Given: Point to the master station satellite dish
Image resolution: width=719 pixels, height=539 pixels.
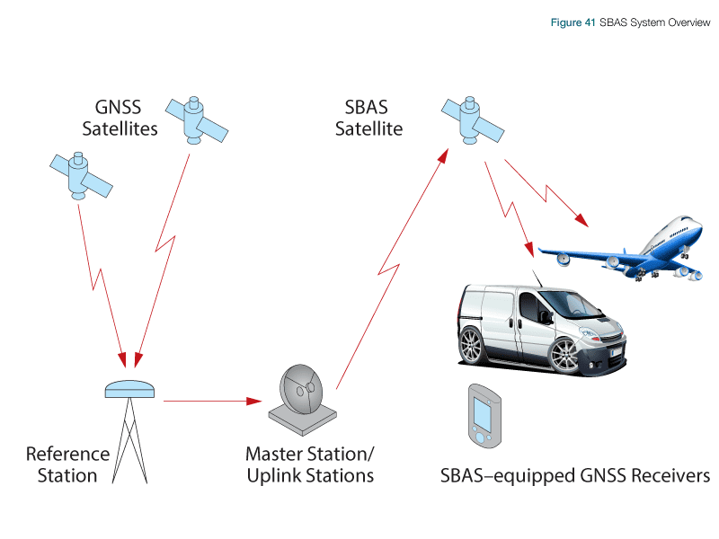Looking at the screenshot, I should point(301,391).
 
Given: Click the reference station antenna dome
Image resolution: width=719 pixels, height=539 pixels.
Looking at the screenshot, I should point(130,388).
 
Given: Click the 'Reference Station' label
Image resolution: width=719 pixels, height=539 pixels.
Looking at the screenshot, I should point(67,464).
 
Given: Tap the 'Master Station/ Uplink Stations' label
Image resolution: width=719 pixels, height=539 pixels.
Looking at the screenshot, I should point(310,464).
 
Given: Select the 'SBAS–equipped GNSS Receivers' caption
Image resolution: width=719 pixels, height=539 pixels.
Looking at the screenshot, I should point(576,475).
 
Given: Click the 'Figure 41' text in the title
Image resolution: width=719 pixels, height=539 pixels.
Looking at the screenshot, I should point(573,22).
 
